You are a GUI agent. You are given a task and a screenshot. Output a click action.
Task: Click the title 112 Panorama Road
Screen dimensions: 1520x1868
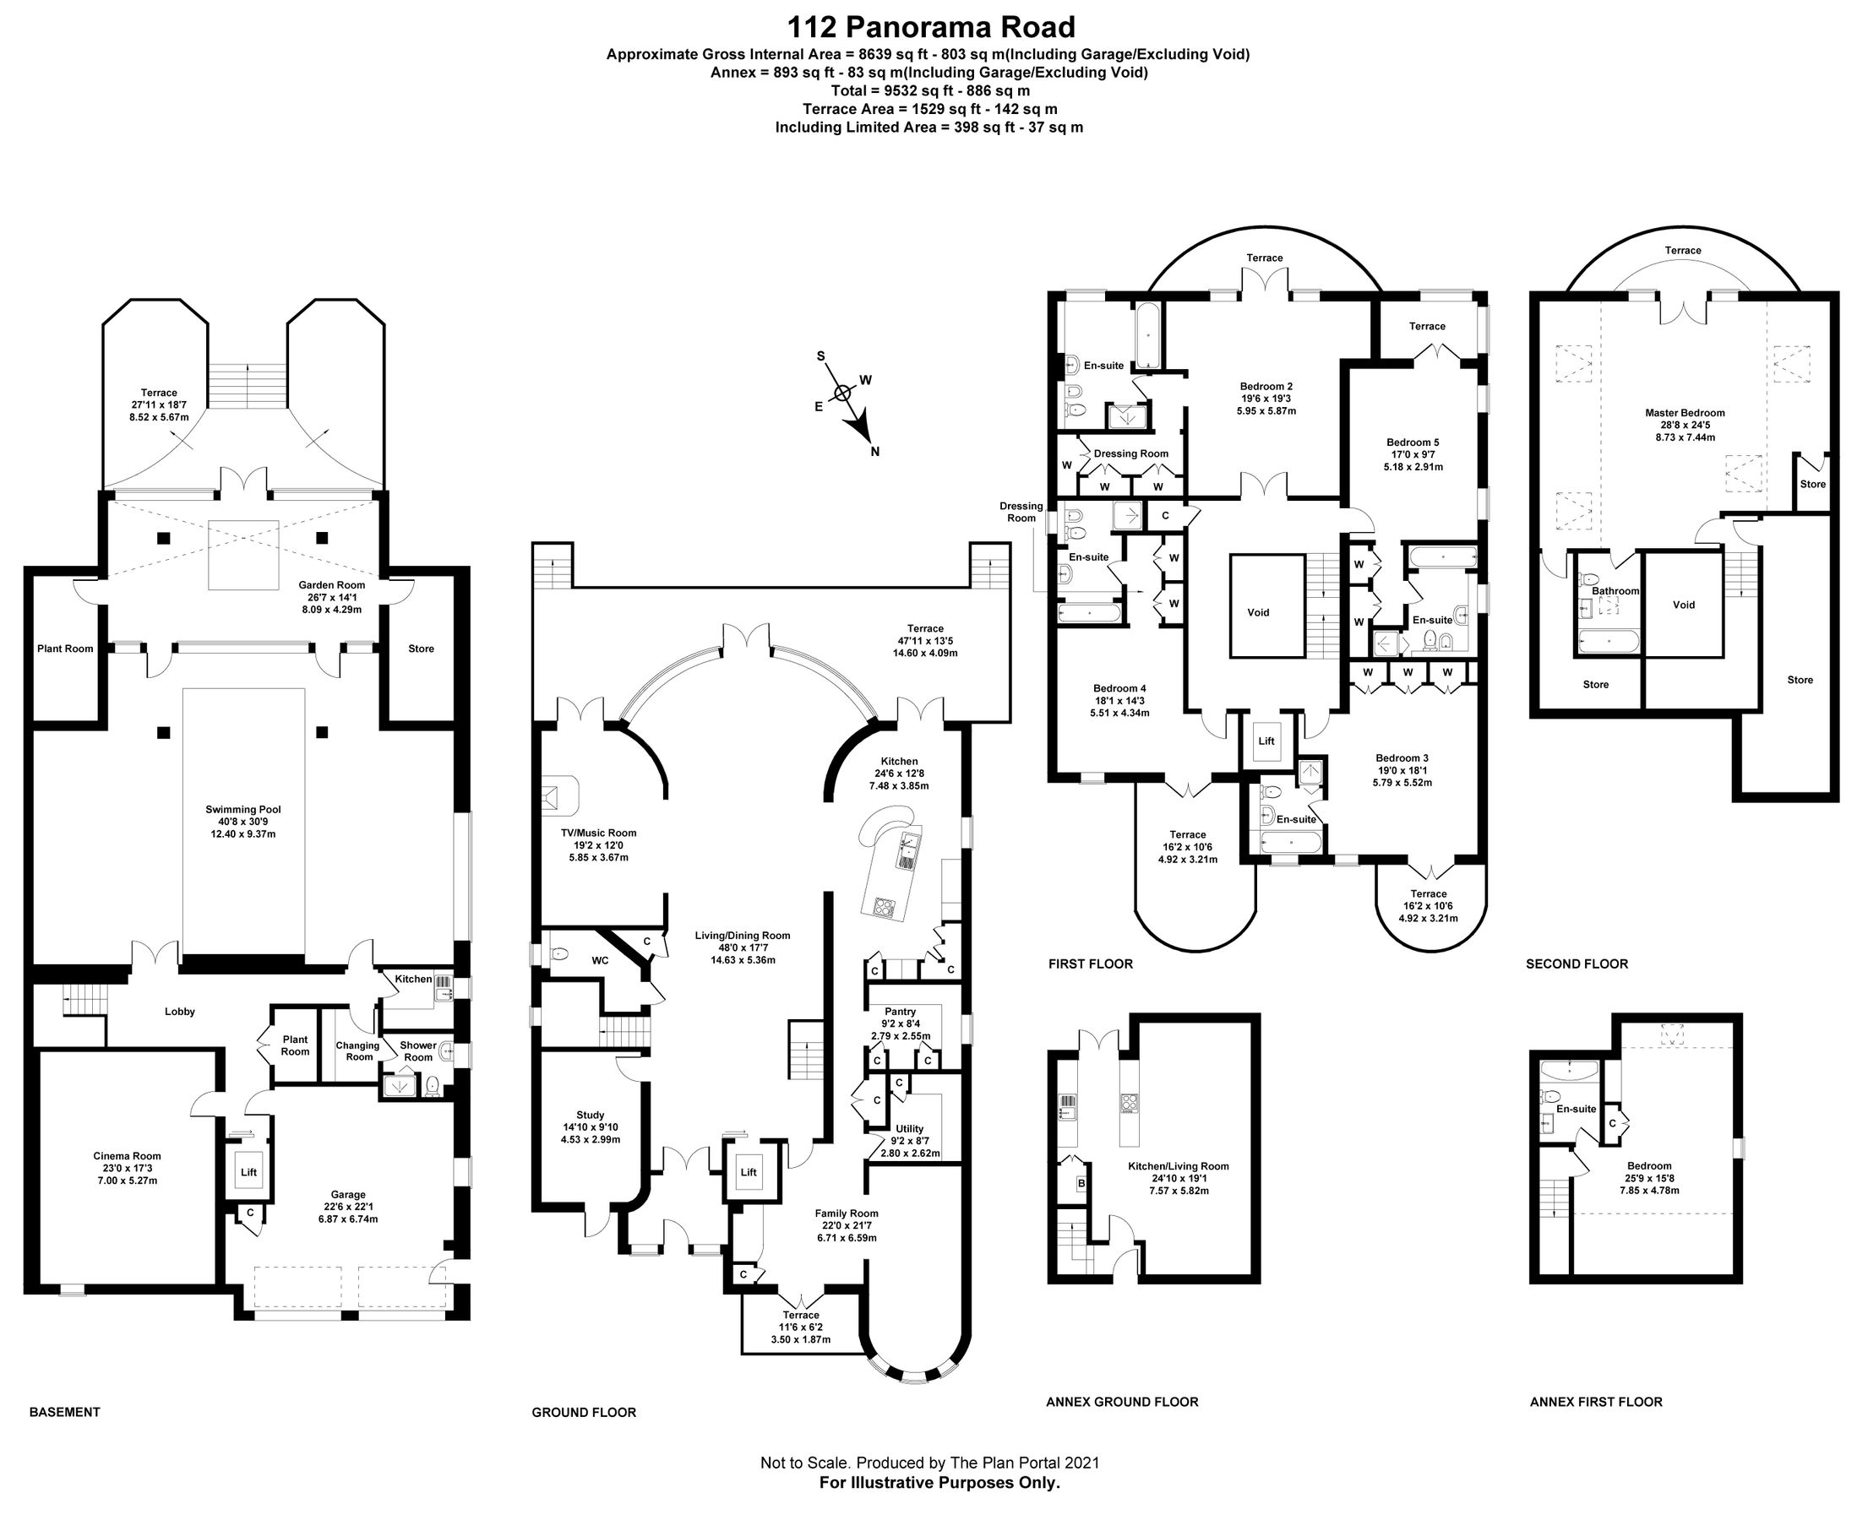pyautogui.click(x=930, y=28)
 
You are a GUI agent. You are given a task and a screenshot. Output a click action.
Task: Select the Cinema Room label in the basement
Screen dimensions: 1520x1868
pyautogui.click(x=127, y=1156)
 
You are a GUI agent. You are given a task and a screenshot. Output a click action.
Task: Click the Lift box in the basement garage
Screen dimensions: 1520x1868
pyautogui.click(x=248, y=1171)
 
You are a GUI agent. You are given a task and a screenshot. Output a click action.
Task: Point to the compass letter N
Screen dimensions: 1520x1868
pyautogui.click(x=874, y=452)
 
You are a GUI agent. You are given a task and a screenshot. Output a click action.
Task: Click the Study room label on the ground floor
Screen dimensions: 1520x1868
pyautogui.click(x=591, y=1115)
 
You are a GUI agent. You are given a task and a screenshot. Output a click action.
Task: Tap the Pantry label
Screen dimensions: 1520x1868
pyautogui.click(x=900, y=1012)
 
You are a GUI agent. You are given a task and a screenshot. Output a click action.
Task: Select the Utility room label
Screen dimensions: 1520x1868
pyautogui.click(x=909, y=1129)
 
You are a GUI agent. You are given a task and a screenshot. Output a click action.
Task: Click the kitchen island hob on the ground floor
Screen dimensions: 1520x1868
pyautogui.click(x=884, y=908)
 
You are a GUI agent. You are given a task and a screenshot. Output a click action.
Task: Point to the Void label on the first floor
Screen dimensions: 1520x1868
pyautogui.click(x=1258, y=612)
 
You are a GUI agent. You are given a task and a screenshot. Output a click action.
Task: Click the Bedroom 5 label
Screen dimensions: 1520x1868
pyautogui.click(x=1413, y=442)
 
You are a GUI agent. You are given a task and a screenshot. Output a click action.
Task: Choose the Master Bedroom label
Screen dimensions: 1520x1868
pyautogui.click(x=1684, y=412)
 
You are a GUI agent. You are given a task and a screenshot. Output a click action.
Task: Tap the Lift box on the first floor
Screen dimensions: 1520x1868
pyautogui.click(x=1266, y=741)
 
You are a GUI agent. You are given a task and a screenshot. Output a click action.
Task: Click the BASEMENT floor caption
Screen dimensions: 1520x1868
pyautogui.click(x=65, y=1411)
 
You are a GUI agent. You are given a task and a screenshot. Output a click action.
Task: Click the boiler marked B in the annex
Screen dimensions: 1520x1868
pyautogui.click(x=1081, y=1184)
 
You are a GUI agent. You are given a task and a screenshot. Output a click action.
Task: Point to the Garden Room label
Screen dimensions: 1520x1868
pyautogui.click(x=331, y=585)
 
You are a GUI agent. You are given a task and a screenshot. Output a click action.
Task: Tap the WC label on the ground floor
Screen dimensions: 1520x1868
pyautogui.click(x=599, y=960)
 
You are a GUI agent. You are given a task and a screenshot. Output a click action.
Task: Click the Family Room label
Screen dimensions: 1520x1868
pyautogui.click(x=846, y=1213)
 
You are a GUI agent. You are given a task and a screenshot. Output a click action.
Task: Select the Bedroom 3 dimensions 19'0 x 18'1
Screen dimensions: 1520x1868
pyautogui.click(x=1402, y=770)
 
